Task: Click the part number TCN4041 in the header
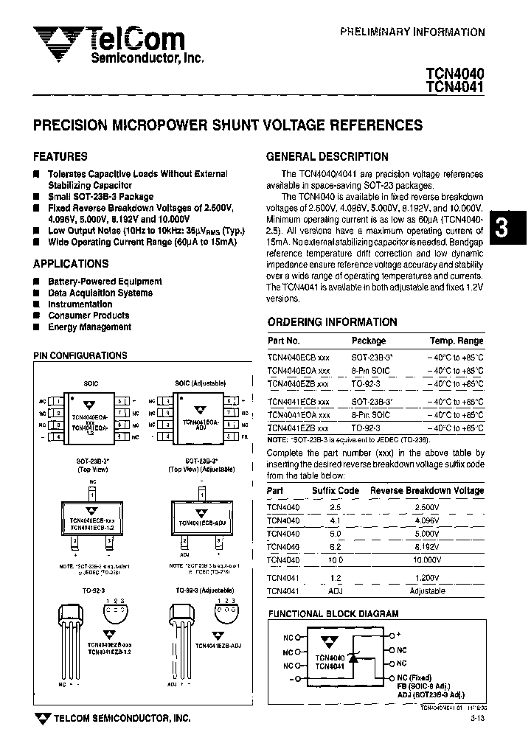454,87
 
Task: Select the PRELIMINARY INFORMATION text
412,32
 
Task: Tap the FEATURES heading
60,156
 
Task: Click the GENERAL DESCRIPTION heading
327,156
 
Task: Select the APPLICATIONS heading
71,264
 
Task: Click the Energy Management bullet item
89,327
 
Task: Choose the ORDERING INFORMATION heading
332,322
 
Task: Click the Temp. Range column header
457,341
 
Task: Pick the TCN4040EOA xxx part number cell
298,370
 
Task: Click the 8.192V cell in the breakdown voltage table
427,547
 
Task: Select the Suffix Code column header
336,490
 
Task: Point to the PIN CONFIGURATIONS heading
80,356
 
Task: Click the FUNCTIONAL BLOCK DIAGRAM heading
333,613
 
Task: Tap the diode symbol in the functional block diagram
353,660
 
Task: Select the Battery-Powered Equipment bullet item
105,282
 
